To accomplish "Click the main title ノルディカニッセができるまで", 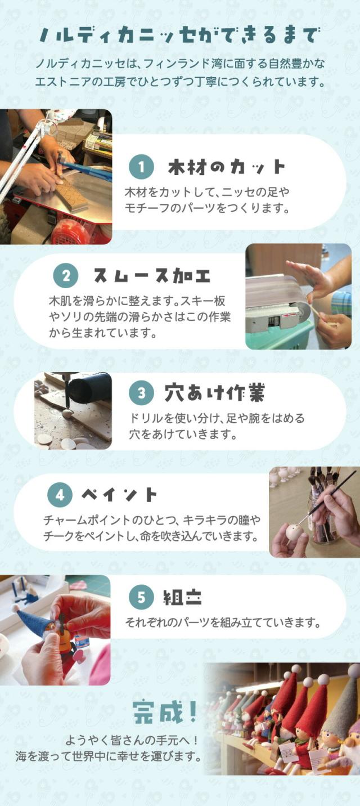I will [180, 35].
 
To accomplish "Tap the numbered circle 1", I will [141, 167].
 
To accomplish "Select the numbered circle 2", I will [66, 276].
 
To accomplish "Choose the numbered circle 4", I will [60, 495].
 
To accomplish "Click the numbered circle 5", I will [141, 597].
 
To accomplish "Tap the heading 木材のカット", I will [227, 167].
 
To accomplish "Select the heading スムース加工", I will [151, 276].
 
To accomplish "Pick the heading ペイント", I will [119, 495].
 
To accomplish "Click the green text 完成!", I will [165, 713].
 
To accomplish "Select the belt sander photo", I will [298, 296].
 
